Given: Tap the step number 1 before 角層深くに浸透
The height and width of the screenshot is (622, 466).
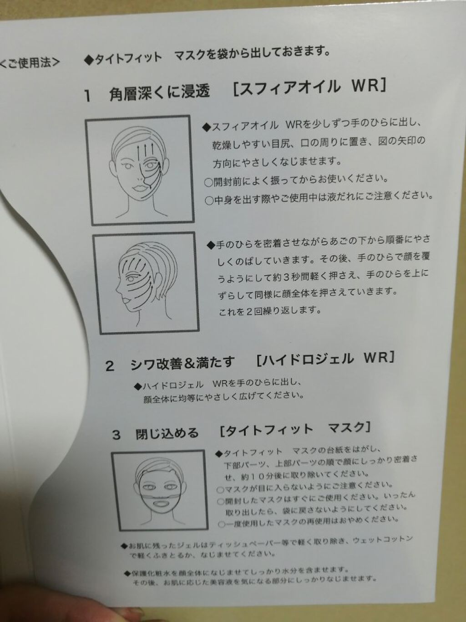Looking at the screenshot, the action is pos(88,96).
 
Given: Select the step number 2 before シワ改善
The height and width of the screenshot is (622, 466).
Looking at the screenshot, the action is pos(110,366).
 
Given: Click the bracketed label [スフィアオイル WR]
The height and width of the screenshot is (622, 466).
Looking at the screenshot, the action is pos(309,87).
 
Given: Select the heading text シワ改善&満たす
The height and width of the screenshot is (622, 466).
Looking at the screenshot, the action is pos(182,363).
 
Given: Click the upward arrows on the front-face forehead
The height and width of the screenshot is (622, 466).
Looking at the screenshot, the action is pos(145,151).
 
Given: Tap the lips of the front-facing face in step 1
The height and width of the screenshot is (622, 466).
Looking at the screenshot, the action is pos(139,188).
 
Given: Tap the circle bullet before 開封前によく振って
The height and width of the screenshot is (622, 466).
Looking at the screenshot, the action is pos(208,182).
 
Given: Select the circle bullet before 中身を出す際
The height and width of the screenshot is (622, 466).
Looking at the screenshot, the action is pos(209,201).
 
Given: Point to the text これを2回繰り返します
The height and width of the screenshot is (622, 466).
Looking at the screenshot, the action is pos(270,311).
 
